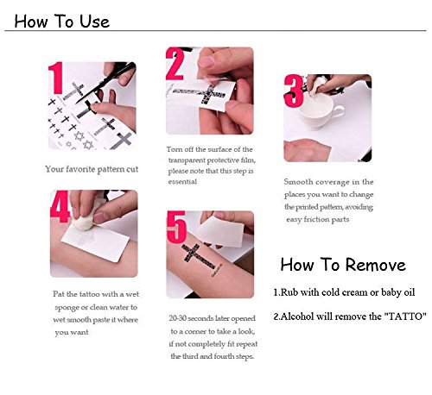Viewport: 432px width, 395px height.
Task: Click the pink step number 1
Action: coord(56,78)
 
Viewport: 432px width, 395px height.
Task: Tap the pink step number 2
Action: coord(175,64)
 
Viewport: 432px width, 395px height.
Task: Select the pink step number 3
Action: coord(294,91)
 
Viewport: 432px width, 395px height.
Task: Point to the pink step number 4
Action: coord(60,206)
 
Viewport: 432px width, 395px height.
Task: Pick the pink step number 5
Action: coord(176,227)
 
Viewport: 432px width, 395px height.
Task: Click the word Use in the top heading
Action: coord(95,22)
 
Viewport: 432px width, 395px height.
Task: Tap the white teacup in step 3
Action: coord(317,109)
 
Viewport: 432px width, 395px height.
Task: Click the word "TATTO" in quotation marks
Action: coord(405,317)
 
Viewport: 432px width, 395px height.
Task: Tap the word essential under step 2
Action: coord(182,182)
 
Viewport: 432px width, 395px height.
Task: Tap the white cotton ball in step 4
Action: coord(84,221)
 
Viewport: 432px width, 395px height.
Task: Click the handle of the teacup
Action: coord(339,111)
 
